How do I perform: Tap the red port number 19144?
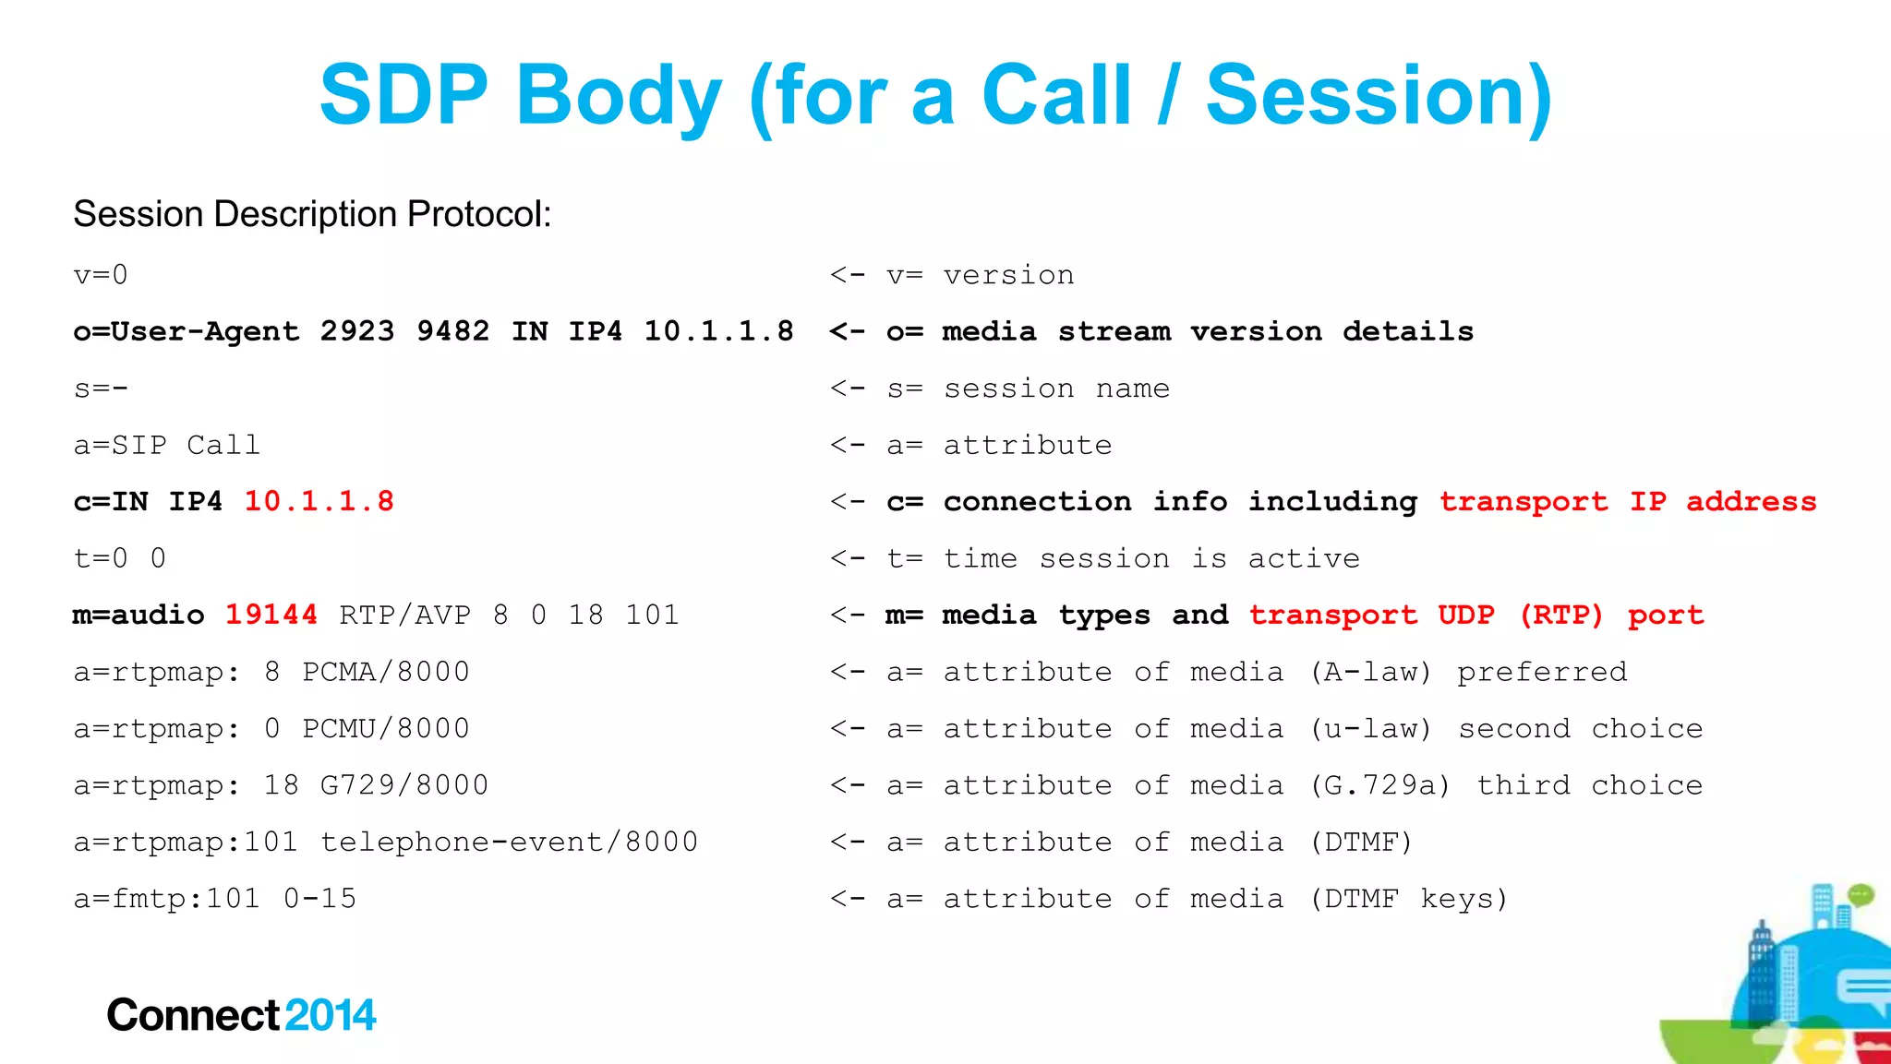click(x=271, y=615)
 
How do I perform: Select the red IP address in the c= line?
click(x=319, y=501)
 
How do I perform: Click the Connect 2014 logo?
click(x=241, y=1015)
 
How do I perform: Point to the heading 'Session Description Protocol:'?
click(x=312, y=214)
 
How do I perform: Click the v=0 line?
click(x=101, y=275)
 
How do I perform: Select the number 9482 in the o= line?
click(x=452, y=331)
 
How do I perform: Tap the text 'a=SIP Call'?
click(x=167, y=445)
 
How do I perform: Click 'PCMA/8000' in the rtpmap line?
click(x=386, y=672)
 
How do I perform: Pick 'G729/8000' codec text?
click(x=403, y=785)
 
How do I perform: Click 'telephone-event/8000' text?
click(x=509, y=842)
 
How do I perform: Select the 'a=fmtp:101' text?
click(x=167, y=899)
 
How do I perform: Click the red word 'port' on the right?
click(x=1665, y=616)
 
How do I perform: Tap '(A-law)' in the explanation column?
click(x=1370, y=672)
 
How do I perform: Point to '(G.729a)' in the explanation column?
click(x=1379, y=785)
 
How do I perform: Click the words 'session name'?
click(x=1056, y=389)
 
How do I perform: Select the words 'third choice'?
click(x=1589, y=785)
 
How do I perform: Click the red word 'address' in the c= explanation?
click(x=1751, y=501)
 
